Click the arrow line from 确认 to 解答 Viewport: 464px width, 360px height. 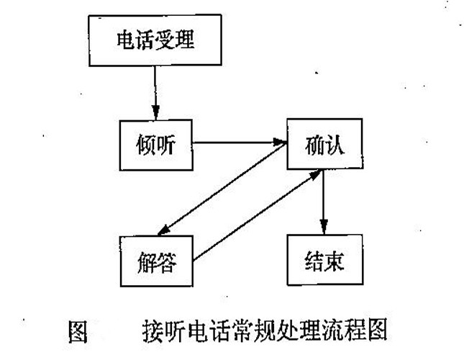point(223,194)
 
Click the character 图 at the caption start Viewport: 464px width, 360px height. point(77,332)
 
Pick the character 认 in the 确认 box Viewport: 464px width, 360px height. point(336,145)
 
